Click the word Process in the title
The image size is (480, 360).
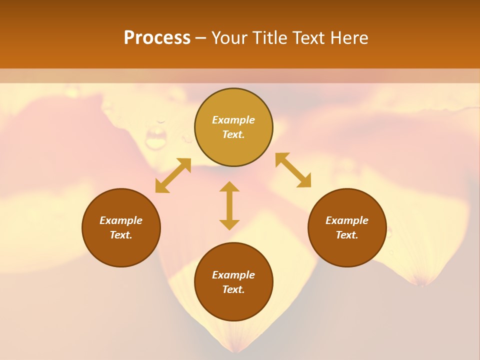157,38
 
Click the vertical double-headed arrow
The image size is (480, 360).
229,205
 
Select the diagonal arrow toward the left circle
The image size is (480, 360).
173,175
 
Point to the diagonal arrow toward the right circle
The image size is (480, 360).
293,170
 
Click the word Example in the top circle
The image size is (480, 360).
233,120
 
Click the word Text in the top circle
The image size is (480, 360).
233,134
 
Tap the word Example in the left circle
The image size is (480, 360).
121,220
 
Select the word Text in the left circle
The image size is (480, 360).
121,235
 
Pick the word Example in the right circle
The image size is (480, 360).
347,220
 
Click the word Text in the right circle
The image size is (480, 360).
347,235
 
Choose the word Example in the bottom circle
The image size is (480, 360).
233,275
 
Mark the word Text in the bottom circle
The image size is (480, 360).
233,289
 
